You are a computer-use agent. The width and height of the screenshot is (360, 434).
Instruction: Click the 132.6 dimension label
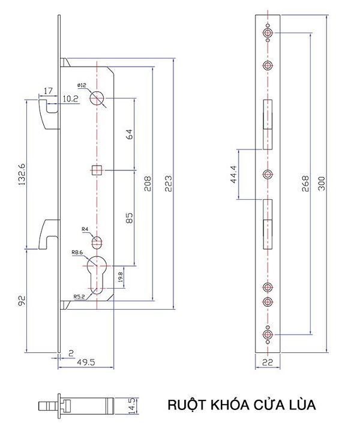(22, 174)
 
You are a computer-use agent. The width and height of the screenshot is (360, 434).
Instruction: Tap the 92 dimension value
(22, 300)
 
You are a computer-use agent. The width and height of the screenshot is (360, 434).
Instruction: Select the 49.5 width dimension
(86, 362)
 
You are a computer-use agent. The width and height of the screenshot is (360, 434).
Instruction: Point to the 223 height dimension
(168, 183)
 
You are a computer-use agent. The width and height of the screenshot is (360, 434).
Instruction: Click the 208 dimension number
(148, 183)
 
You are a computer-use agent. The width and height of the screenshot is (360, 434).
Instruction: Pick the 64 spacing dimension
(129, 134)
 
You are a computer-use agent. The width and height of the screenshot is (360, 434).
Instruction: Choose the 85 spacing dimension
(129, 218)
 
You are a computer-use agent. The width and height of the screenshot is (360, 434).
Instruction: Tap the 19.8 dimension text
(120, 277)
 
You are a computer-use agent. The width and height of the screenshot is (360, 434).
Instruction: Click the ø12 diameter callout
(82, 85)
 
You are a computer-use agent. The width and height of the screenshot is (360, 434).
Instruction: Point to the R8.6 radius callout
(77, 252)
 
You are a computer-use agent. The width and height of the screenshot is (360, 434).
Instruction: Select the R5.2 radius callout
(79, 297)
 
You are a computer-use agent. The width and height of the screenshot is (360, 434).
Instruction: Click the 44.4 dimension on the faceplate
(233, 174)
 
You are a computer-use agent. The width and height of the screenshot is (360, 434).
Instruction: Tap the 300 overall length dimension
(322, 183)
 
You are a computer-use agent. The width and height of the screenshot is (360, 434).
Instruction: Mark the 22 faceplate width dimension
(268, 362)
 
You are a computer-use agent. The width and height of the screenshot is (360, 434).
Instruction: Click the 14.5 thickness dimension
(134, 406)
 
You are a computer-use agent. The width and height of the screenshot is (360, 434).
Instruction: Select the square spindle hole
(97, 170)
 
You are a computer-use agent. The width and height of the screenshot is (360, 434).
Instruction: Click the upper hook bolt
(49, 114)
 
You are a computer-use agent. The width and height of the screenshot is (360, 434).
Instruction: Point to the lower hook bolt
(49, 234)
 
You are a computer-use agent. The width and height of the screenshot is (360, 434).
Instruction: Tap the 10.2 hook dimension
(70, 98)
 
